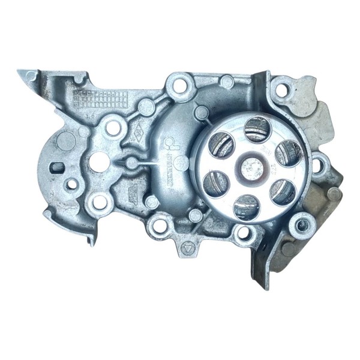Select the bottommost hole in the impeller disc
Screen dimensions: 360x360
tap(245, 206)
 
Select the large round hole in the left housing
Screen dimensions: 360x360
tap(98, 161)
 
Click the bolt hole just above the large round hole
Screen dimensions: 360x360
tap(112, 127)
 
